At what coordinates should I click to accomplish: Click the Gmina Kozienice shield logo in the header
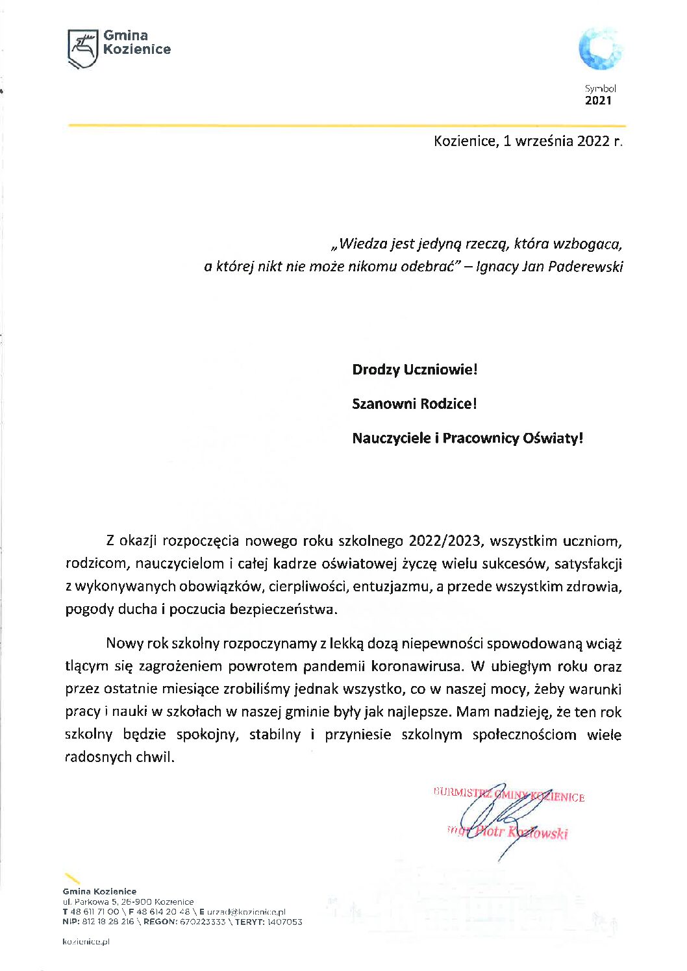[x=82, y=48]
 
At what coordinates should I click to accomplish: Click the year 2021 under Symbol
[x=598, y=101]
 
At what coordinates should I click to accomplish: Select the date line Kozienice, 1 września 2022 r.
[x=528, y=141]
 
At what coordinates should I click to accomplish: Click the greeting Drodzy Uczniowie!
[x=414, y=370]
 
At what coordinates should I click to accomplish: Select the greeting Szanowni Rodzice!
[x=414, y=404]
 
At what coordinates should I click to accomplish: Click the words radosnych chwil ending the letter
[x=119, y=757]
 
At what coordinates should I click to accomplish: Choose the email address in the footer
[x=247, y=912]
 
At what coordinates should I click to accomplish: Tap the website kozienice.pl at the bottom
[x=86, y=941]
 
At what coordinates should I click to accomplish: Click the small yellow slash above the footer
[x=72, y=878]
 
